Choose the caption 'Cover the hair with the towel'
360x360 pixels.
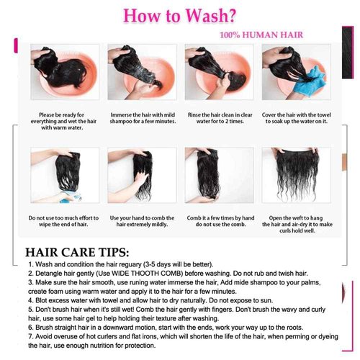pos(297,120)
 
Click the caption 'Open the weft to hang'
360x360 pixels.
pos(297,222)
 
